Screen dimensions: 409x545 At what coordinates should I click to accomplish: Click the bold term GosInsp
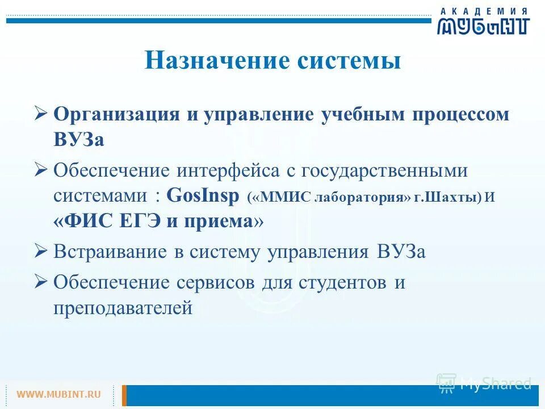(x=204, y=196)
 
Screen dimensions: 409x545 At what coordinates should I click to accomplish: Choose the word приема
(x=219, y=222)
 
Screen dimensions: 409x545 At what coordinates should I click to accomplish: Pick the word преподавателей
(x=123, y=308)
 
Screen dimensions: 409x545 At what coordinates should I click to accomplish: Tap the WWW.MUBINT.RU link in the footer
(x=58, y=394)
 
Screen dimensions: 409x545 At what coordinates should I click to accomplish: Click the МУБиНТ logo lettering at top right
(x=483, y=26)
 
